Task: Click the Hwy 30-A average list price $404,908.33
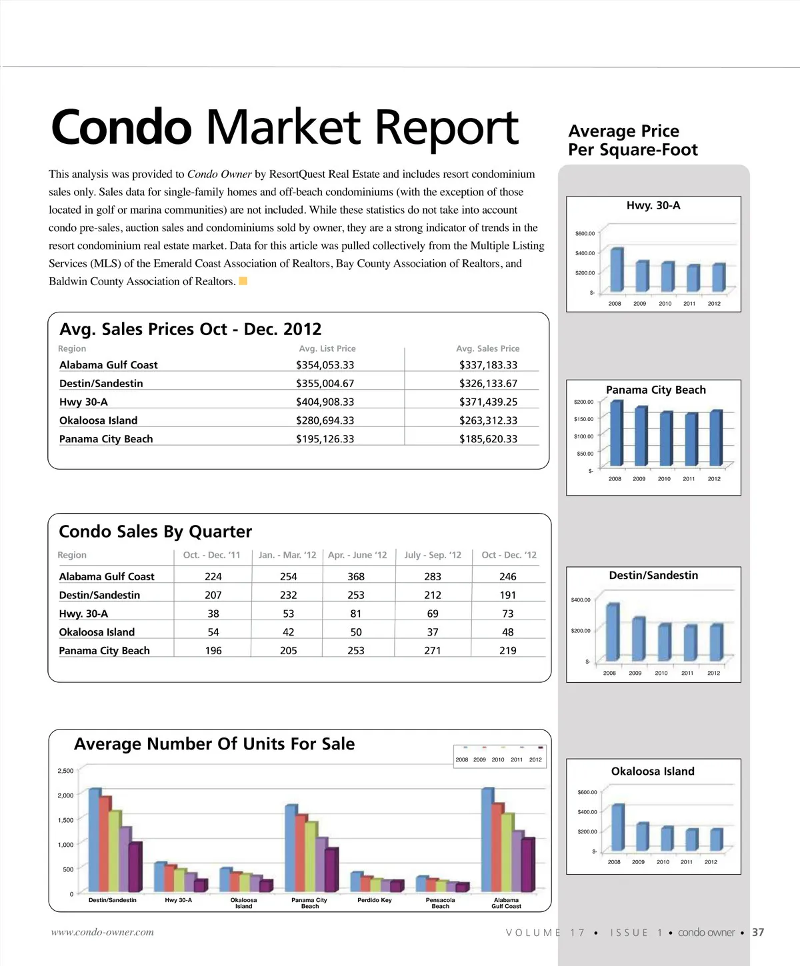coord(325,402)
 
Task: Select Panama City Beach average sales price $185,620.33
coord(488,439)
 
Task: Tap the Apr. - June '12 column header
coord(357,555)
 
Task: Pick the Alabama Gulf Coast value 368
coord(356,576)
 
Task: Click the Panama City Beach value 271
coord(433,650)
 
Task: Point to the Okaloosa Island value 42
coord(288,632)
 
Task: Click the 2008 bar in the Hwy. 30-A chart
coord(617,270)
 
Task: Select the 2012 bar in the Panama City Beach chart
coord(715,438)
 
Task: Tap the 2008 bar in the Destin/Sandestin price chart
coord(612,632)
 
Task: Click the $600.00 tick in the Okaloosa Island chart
coord(587,792)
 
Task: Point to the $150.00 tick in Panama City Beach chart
coord(583,419)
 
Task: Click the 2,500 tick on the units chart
coord(65,771)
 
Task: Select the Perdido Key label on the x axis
coord(375,900)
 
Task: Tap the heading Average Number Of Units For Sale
coord(214,744)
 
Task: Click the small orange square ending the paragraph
coord(243,281)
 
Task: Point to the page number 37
coord(758,932)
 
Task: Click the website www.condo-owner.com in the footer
coord(103,932)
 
